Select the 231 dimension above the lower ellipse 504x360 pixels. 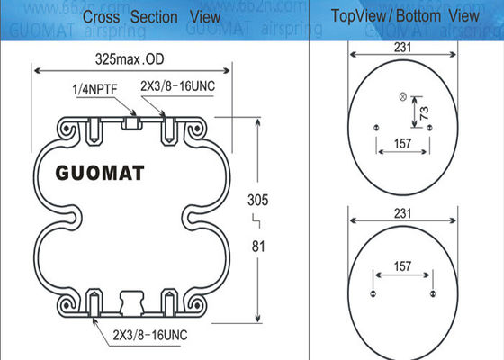click(x=403, y=213)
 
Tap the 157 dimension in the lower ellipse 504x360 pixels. click(x=402, y=267)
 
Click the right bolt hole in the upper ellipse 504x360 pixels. click(x=430, y=129)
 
